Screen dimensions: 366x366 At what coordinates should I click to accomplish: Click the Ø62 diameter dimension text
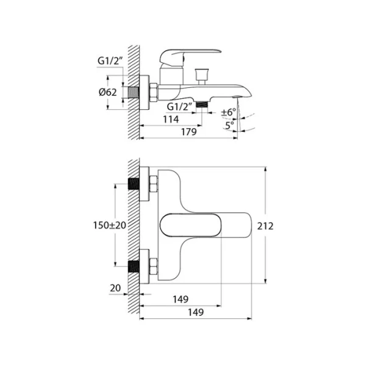pyautogui.click(x=107, y=91)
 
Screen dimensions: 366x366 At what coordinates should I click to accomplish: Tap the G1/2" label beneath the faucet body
pyautogui.click(x=182, y=107)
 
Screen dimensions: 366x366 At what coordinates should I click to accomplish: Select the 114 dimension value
pyautogui.click(x=171, y=120)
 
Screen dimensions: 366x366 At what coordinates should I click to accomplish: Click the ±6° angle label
pyautogui.click(x=229, y=112)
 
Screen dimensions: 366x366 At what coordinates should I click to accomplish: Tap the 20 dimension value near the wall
pyautogui.click(x=115, y=288)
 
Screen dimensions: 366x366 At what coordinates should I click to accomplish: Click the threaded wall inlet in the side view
pyautogui.click(x=133, y=91)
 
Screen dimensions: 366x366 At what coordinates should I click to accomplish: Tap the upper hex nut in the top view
pyautogui.click(x=153, y=184)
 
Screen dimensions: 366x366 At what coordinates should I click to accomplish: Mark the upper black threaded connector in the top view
pyautogui.click(x=134, y=184)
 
